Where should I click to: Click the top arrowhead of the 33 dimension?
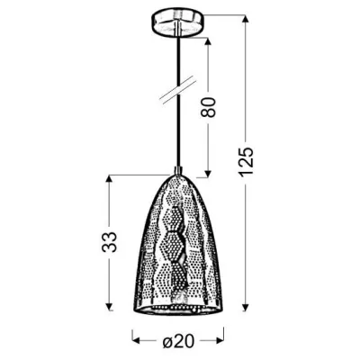coord(111,177)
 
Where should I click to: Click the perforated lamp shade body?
coord(178,243)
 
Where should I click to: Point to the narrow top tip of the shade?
coord(178,175)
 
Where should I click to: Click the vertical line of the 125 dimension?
coord(244,216)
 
